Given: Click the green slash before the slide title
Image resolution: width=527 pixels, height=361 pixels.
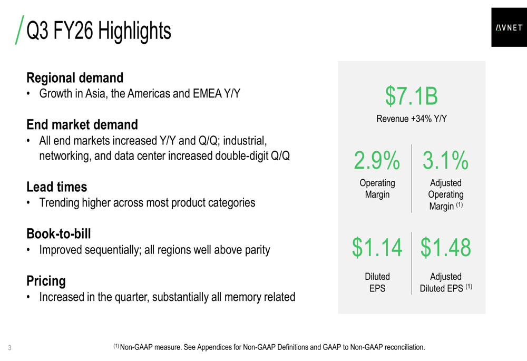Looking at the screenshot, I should pos(19,30).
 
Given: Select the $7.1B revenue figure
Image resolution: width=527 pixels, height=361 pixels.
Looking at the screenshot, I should pos(411,95).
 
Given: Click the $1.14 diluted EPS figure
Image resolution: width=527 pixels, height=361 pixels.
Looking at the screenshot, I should pos(377,248).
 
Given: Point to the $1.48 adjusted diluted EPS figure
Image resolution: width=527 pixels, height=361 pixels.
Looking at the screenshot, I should pos(446,248).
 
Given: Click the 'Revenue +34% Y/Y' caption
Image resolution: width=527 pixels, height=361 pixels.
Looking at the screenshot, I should pos(411,119).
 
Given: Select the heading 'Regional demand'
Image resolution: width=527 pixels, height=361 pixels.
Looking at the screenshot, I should pos(75,78).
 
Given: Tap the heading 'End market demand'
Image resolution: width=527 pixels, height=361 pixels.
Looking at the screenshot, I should pos(82,125).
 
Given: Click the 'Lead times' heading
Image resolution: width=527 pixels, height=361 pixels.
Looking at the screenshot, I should pos(57,187).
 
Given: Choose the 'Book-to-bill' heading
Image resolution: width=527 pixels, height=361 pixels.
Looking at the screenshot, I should pos(62,233).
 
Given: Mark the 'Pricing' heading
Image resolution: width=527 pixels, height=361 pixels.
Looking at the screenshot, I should pos(46,280).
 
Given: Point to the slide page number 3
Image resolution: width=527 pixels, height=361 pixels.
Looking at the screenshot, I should pos(10,348).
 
